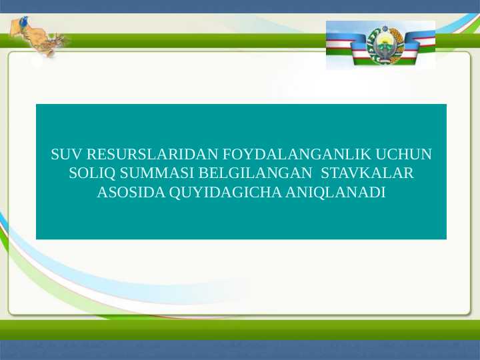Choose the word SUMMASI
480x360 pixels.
coord(157,174)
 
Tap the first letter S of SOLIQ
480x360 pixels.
coord(73,174)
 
